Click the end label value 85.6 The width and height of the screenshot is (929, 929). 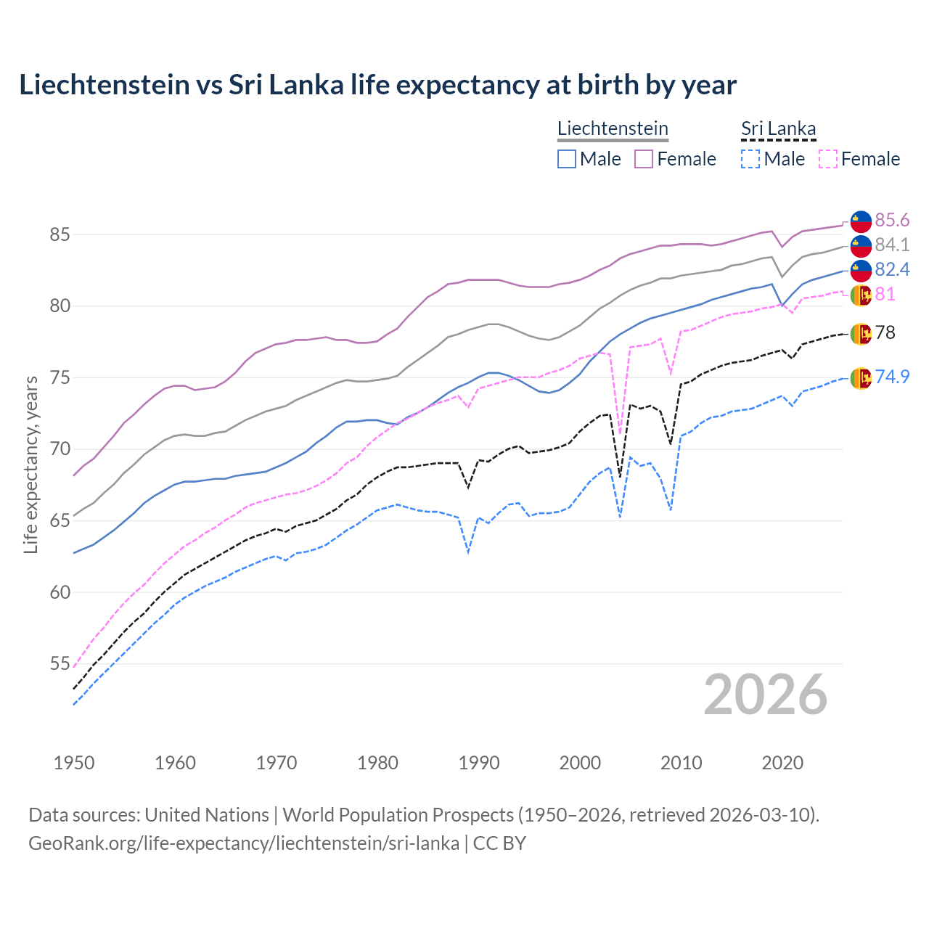tap(892, 220)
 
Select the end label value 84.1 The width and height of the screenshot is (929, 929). tap(892, 245)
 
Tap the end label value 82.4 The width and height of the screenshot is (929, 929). tap(892, 269)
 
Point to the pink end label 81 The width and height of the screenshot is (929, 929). tap(885, 294)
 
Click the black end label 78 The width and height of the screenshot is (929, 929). tap(885, 332)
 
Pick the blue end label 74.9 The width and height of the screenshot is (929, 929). tap(892, 377)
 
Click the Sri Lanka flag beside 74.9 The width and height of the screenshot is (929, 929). tap(861, 377)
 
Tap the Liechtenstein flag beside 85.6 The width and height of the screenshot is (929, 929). tap(861, 221)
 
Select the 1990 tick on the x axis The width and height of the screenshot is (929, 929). tap(479, 763)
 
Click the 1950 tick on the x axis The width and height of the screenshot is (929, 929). tap(74, 763)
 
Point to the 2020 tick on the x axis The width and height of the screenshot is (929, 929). tap(782, 763)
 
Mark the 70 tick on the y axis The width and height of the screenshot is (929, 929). tap(60, 449)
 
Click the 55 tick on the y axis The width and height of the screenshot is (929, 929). tap(60, 663)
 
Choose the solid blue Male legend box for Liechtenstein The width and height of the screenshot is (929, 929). tap(567, 159)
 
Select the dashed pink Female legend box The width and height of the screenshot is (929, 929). tap(827, 159)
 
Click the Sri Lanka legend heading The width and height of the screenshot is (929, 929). tap(778, 128)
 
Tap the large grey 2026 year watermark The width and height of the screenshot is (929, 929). tap(766, 695)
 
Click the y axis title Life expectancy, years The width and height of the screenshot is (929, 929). tap(30, 464)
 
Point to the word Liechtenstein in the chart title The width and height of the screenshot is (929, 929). tap(104, 85)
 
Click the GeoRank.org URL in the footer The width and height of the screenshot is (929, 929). tap(244, 843)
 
